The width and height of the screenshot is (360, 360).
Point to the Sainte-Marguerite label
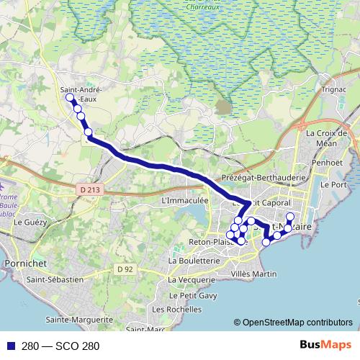tap(79, 318)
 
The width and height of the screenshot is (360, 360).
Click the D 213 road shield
tap(86, 189)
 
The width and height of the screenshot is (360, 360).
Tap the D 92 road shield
tap(125, 269)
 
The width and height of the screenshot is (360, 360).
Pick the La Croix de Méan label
tap(326, 138)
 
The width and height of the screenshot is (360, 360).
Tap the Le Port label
tap(336, 185)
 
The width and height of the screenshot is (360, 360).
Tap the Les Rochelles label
tap(177, 309)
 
